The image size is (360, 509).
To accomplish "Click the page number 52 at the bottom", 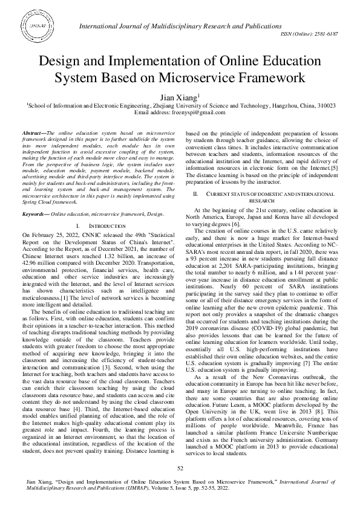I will tap(180, 468).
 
